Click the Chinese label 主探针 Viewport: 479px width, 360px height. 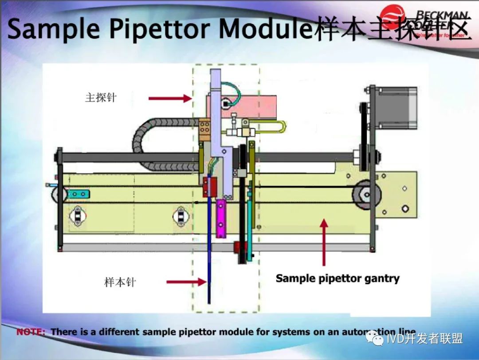pyautogui.click(x=101, y=98)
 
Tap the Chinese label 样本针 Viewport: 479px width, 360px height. pyautogui.click(x=120, y=282)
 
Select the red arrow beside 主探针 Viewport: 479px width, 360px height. pyautogui.click(x=169, y=98)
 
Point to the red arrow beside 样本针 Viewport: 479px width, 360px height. pyautogui.click(x=186, y=282)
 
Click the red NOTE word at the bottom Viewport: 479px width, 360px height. pyautogui.click(x=31, y=332)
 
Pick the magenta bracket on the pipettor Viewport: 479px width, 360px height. pyautogui.click(x=220, y=218)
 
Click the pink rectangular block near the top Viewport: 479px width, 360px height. pyautogui.click(x=253, y=106)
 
